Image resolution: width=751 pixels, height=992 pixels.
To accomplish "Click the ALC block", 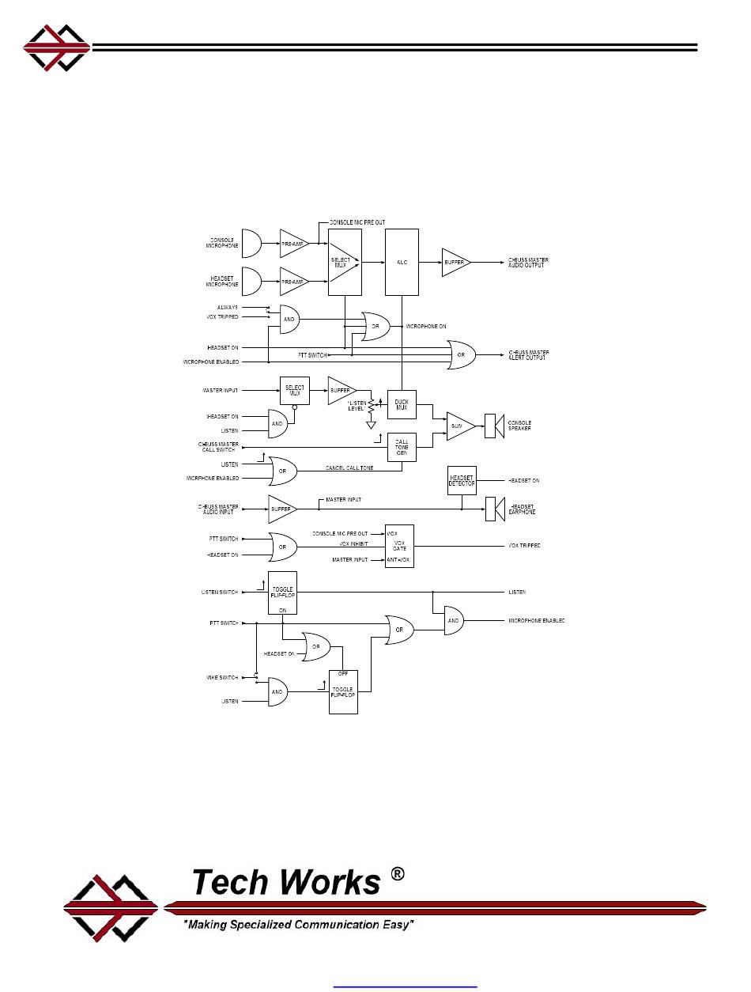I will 402,262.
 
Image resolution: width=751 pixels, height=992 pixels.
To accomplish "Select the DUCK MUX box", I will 401,404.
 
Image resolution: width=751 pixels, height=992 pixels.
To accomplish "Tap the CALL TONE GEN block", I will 401,447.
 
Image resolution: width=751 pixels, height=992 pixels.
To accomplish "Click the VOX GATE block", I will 399,546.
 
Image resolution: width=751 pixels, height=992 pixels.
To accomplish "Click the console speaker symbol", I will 494,426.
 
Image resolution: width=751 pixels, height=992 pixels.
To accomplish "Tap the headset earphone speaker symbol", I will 494,509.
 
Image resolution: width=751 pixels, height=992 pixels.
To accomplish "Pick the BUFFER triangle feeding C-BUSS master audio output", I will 455,262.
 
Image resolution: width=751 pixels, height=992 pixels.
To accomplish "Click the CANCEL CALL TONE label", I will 349,469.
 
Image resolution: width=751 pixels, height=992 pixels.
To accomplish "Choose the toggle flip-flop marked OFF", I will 343,691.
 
